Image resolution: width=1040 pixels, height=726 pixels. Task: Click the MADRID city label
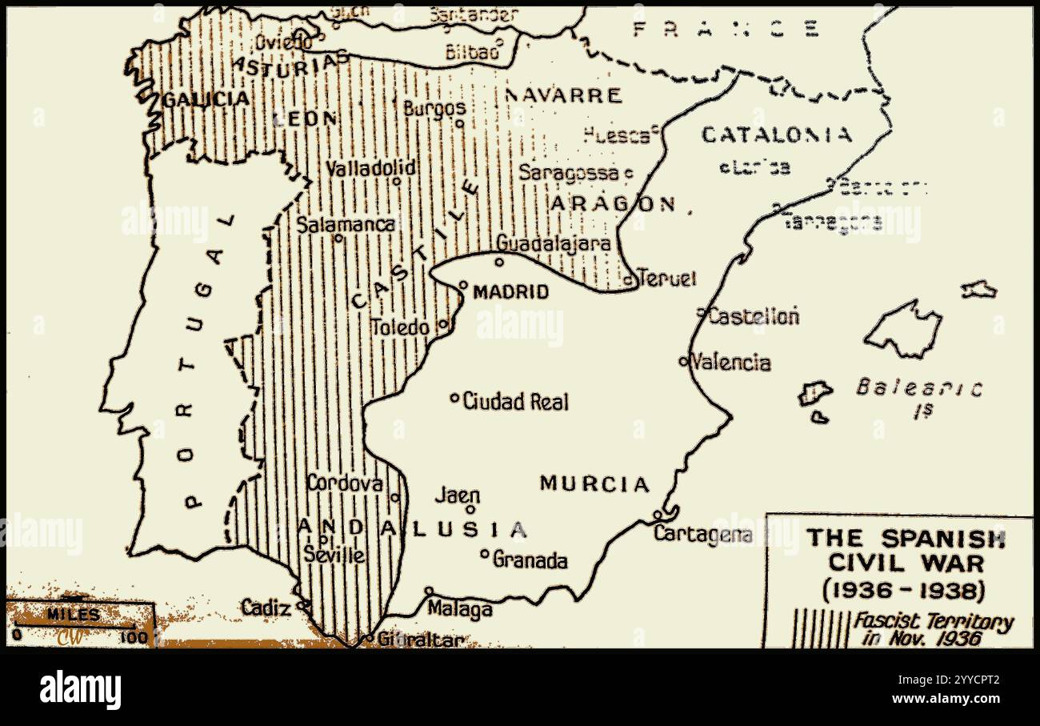coord(510,292)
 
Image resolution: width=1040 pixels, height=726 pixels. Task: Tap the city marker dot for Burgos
coord(459,123)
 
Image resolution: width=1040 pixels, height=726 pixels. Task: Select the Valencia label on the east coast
coord(730,363)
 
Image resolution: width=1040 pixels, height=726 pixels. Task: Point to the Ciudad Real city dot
coord(454,397)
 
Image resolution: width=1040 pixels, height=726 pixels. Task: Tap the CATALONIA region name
coord(777,134)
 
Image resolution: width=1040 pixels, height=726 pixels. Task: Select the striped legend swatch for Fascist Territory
coord(820,629)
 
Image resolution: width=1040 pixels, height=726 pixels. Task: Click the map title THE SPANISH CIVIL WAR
coord(905,550)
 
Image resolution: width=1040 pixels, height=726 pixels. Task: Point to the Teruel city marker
coord(629,280)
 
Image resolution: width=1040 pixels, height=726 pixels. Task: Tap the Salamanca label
coord(346,224)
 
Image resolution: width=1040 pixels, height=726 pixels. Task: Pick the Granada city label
coord(530,560)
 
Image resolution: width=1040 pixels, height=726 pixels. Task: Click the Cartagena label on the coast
coord(702,534)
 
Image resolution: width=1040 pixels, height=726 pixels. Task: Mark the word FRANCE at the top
coord(726,30)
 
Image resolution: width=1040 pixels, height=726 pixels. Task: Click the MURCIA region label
coord(594,483)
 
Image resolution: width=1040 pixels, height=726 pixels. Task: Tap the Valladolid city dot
coord(396,182)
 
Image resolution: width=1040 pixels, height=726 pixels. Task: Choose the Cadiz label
coord(266,608)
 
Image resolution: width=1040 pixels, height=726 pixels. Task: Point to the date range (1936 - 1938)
coord(905,591)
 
